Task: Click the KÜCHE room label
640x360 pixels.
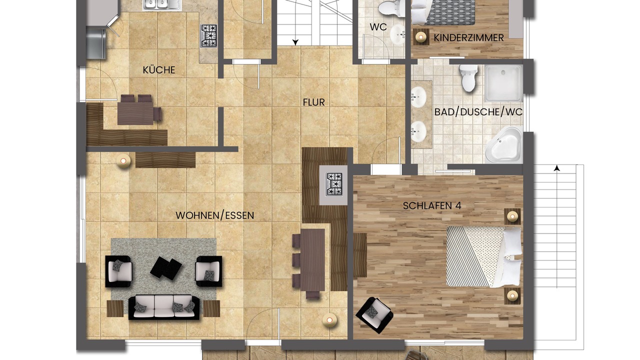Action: pos(159,70)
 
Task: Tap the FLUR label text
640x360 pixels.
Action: pos(313,102)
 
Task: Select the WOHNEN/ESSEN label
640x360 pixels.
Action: pos(215,215)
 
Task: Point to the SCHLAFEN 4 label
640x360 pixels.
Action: pos(432,205)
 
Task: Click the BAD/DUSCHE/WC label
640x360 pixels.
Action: pos(478,112)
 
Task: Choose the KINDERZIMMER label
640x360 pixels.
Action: pos(468,37)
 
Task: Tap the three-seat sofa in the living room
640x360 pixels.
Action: pos(164,307)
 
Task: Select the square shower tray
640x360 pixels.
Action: pos(504,83)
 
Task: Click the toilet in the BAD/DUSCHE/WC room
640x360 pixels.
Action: pos(468,77)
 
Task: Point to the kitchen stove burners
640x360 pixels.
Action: pos(209,35)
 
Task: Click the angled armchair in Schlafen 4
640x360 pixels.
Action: pos(374,315)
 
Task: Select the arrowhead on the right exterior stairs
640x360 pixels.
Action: pos(556,168)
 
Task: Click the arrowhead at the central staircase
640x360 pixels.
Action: pos(295,42)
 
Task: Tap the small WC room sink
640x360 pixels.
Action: pos(397,34)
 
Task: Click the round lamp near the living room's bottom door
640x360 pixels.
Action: pos(329,320)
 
